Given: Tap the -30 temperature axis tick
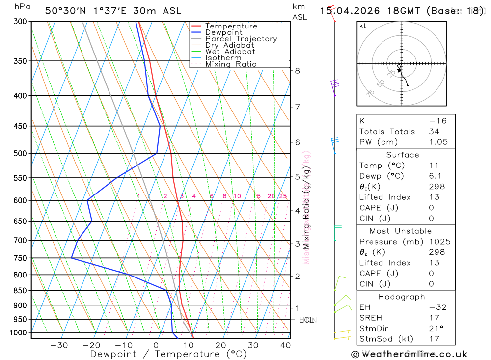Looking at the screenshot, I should click(59, 345).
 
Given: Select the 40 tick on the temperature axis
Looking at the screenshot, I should click(285, 345).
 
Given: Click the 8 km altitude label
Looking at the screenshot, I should click(298, 71).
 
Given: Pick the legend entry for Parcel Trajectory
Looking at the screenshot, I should click(241, 39).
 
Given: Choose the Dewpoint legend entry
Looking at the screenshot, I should click(224, 32).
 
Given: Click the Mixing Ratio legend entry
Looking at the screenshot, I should click(231, 64).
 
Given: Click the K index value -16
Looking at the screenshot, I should click(434, 121).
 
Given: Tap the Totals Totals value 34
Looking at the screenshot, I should click(434, 131).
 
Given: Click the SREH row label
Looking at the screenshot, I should click(371, 318).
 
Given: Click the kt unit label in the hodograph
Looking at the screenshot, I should click(363, 26).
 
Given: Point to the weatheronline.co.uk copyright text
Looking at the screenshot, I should click(409, 354).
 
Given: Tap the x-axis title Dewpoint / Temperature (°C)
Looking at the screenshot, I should click(168, 354).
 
